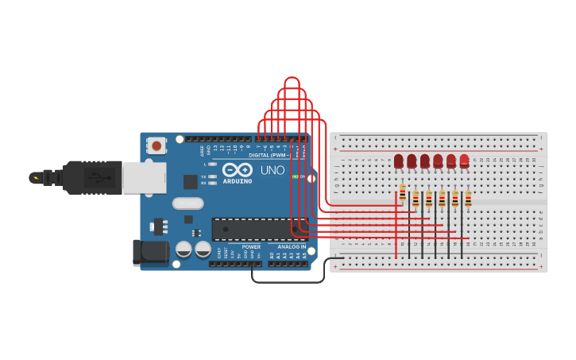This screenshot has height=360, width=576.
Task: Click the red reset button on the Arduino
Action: click(157, 145)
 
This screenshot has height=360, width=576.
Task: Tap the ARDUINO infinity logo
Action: click(237, 170)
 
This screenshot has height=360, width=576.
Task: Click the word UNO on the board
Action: click(273, 170)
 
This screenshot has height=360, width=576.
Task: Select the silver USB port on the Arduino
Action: click(144, 177)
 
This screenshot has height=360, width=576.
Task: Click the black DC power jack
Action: click(150, 253)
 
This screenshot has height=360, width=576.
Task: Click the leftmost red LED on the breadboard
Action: click(399, 161)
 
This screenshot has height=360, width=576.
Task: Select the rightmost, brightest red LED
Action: click(464, 161)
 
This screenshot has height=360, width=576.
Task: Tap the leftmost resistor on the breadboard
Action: click(403, 193)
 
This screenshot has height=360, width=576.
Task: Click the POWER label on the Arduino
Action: click(251, 247)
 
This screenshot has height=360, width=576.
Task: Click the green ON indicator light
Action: click(295, 176)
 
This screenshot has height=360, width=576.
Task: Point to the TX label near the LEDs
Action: click(203, 176)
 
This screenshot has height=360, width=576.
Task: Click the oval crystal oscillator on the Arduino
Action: click(188, 203)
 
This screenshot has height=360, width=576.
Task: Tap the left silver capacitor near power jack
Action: click(184, 249)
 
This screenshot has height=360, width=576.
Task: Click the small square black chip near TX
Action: click(191, 182)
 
